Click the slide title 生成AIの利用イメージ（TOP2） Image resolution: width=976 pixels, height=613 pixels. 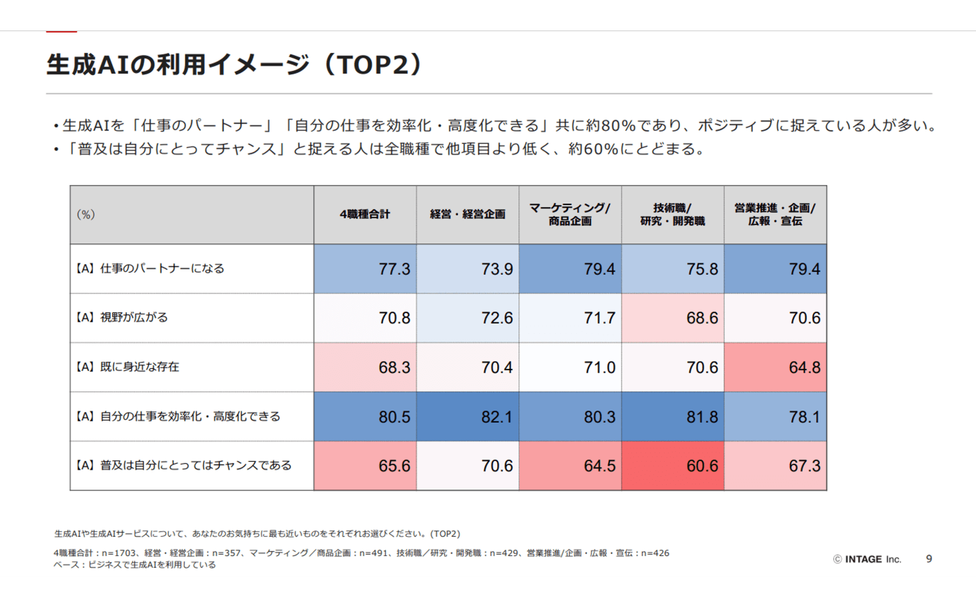point(234,65)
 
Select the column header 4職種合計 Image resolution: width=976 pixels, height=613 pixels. point(365,214)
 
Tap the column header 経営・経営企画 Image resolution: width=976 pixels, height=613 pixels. point(467,214)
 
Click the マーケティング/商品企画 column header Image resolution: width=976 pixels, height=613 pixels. point(570,214)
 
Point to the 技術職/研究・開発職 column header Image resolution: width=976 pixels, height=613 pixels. point(673,214)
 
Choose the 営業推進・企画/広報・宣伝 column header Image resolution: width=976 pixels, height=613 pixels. point(775,214)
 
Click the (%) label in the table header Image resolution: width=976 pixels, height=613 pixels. point(86,214)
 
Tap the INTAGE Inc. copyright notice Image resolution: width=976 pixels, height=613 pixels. point(867,559)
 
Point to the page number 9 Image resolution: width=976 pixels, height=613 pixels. point(929,559)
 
